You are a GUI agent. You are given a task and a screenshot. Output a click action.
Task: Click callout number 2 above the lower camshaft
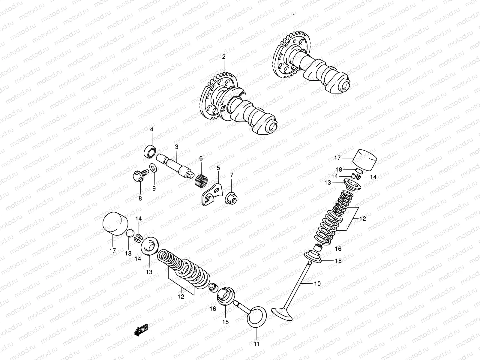[223, 56]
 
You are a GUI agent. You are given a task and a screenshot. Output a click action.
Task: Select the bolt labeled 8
[138, 177]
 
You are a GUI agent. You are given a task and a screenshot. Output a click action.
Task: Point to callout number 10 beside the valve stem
[317, 283]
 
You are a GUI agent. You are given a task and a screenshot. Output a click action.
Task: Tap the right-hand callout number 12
[363, 219]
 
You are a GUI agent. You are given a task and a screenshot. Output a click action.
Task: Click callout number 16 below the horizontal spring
[213, 309]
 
